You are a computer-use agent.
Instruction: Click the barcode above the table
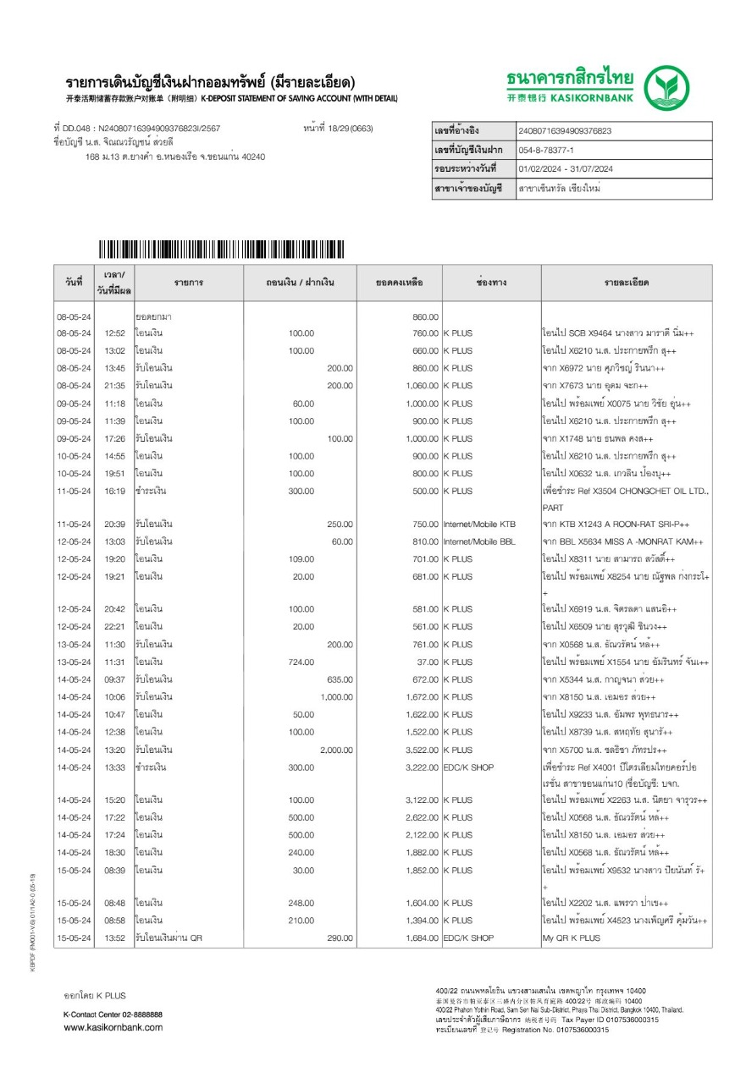(221, 250)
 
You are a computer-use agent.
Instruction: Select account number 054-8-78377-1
(552, 150)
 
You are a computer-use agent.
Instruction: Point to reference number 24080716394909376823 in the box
(564, 131)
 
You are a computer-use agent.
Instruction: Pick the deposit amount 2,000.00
(336, 750)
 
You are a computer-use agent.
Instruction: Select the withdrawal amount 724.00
(301, 662)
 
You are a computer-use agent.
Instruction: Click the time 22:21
(114, 627)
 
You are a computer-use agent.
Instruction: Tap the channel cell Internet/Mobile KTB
(479, 525)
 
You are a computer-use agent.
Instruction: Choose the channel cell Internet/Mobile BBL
(479, 541)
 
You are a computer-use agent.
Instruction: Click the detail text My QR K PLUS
(572, 938)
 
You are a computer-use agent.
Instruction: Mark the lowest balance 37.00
(428, 662)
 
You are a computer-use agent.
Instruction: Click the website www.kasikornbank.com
(113, 1027)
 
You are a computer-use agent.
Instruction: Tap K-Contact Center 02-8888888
(113, 1014)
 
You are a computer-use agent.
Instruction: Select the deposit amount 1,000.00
(336, 697)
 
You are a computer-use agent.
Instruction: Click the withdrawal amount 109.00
(301, 559)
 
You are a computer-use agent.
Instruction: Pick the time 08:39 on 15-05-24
(114, 871)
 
